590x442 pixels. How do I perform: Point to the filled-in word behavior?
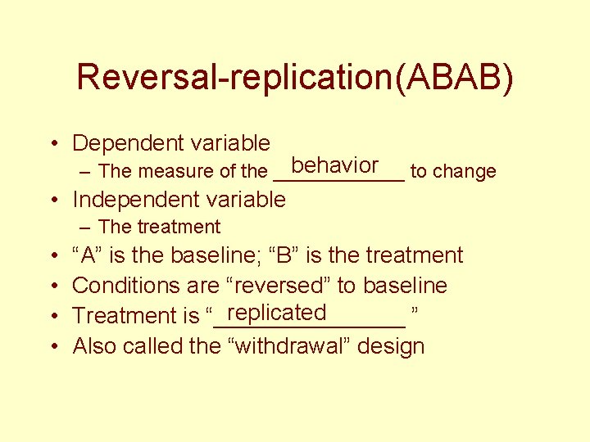point(334,166)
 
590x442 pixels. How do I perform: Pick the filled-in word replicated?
point(278,313)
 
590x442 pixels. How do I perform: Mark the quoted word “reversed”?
point(278,286)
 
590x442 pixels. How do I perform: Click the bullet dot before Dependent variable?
point(52,145)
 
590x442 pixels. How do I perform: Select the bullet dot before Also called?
point(52,347)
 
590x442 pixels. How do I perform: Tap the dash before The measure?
point(84,172)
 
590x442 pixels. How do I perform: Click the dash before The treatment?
point(84,228)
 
